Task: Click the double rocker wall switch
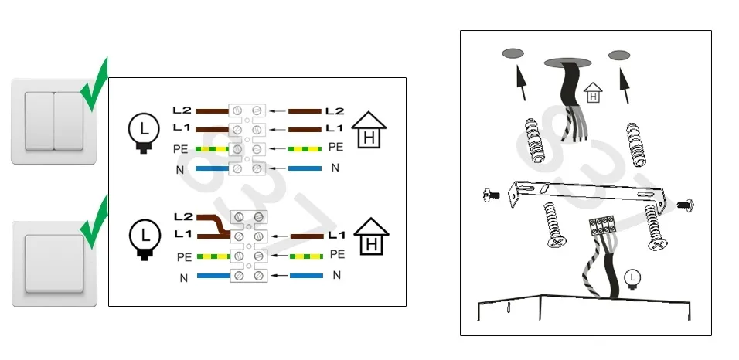click(x=54, y=121)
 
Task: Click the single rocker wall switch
click(x=54, y=264)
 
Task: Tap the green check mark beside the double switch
click(x=94, y=84)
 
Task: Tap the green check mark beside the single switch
click(x=94, y=222)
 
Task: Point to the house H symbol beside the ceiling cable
click(x=594, y=93)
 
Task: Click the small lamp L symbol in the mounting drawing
click(x=632, y=278)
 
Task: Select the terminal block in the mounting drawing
click(x=602, y=226)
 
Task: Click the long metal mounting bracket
click(x=587, y=193)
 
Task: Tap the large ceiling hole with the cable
click(x=567, y=63)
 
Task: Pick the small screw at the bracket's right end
click(x=685, y=205)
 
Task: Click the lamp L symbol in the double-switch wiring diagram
click(x=144, y=132)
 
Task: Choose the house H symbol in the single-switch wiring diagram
click(x=371, y=236)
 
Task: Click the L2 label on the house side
click(x=334, y=111)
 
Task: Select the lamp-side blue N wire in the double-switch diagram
click(x=212, y=168)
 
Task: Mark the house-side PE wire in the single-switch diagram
click(x=306, y=256)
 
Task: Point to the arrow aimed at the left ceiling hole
click(x=521, y=83)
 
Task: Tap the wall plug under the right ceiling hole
click(x=635, y=144)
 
